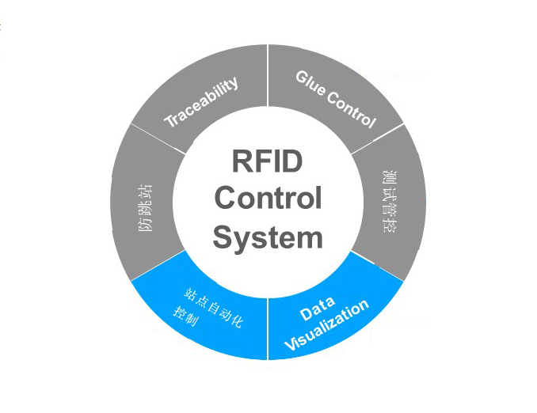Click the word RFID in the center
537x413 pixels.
coord(268,161)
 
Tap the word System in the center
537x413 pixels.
coord(268,237)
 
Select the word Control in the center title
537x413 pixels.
coord(268,199)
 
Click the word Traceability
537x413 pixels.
coord(201,102)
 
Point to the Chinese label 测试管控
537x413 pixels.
coord(388,201)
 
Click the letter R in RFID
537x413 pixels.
coord(242,161)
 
